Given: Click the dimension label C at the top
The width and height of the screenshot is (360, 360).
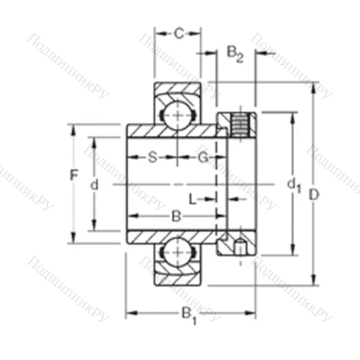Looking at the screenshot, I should point(179,32).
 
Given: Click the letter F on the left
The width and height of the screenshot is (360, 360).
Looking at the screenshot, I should point(73,174).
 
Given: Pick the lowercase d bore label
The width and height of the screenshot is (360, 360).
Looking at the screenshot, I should point(94,185).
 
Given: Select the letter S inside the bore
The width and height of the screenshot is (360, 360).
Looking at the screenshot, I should point(152,158).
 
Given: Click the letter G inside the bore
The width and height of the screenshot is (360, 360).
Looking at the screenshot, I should point(203,158).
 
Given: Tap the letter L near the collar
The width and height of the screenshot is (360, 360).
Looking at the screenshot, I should point(193,197).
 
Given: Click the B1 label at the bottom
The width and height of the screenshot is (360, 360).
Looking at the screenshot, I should point(188,315).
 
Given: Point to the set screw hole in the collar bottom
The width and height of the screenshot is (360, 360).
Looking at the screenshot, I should point(238,248).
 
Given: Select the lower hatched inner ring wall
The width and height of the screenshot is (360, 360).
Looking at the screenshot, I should point(173,238).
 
